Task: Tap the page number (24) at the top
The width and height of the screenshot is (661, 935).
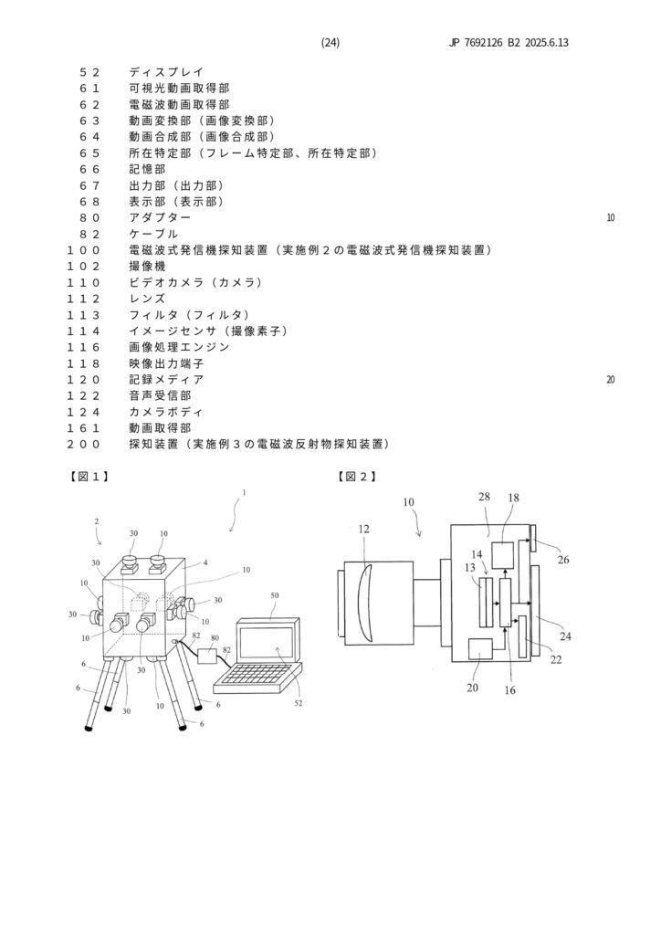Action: (x=330, y=43)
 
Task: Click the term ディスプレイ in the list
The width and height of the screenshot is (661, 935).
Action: (x=166, y=72)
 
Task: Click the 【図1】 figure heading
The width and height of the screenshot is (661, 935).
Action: (x=89, y=477)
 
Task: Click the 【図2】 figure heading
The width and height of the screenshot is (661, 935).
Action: (x=358, y=477)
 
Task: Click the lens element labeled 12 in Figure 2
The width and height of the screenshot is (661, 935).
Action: (x=366, y=602)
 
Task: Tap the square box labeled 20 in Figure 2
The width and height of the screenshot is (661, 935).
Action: (x=480, y=650)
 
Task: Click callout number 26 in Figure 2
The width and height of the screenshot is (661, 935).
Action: (x=563, y=559)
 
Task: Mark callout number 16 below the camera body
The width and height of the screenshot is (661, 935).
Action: (x=509, y=690)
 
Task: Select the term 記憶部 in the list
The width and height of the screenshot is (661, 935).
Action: (x=148, y=169)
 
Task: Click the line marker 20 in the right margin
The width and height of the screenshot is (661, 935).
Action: (x=610, y=379)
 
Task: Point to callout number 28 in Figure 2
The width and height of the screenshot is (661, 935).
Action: (x=484, y=496)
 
